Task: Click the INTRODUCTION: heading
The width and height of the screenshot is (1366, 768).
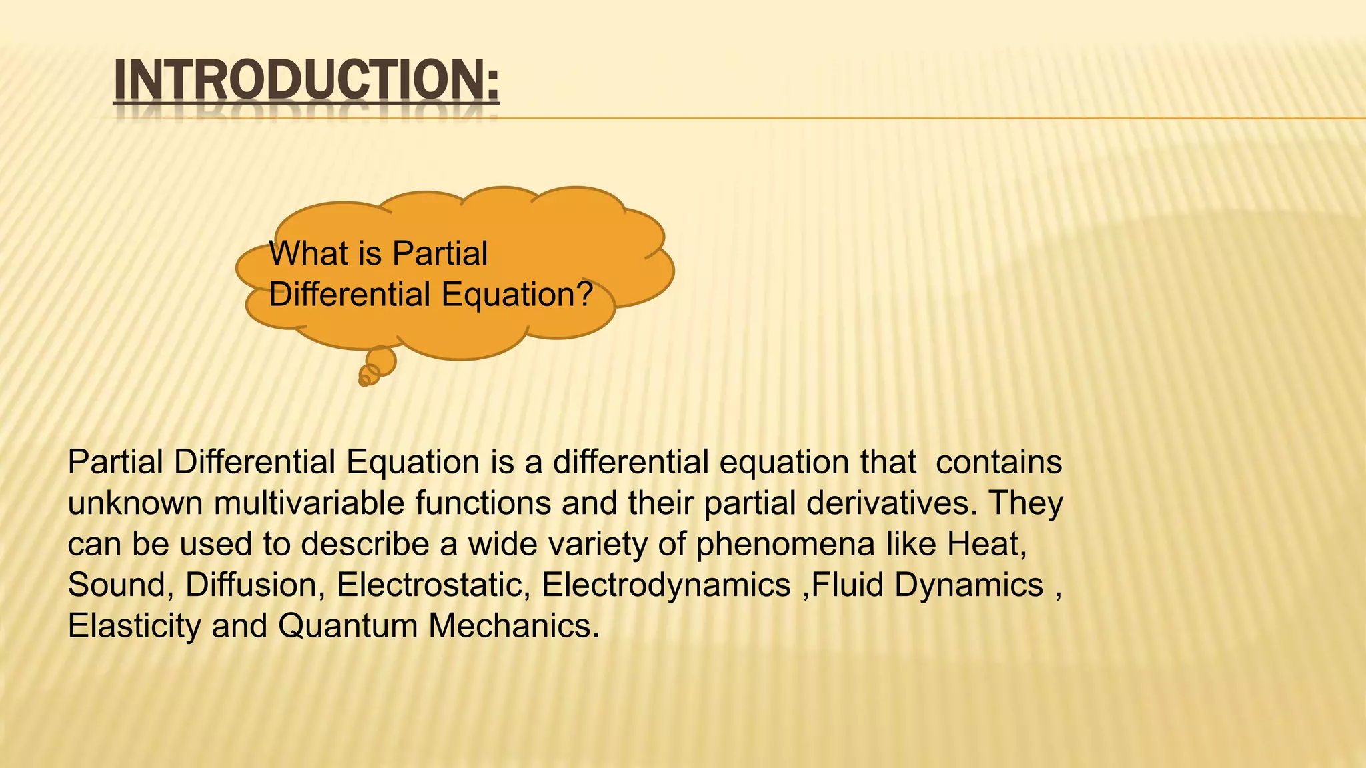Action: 306,81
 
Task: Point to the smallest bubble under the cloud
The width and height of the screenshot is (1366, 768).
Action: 364,381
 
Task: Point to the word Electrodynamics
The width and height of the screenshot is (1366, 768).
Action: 666,585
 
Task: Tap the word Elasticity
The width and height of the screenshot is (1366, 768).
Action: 134,626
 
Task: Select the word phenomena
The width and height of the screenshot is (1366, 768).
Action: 785,544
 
